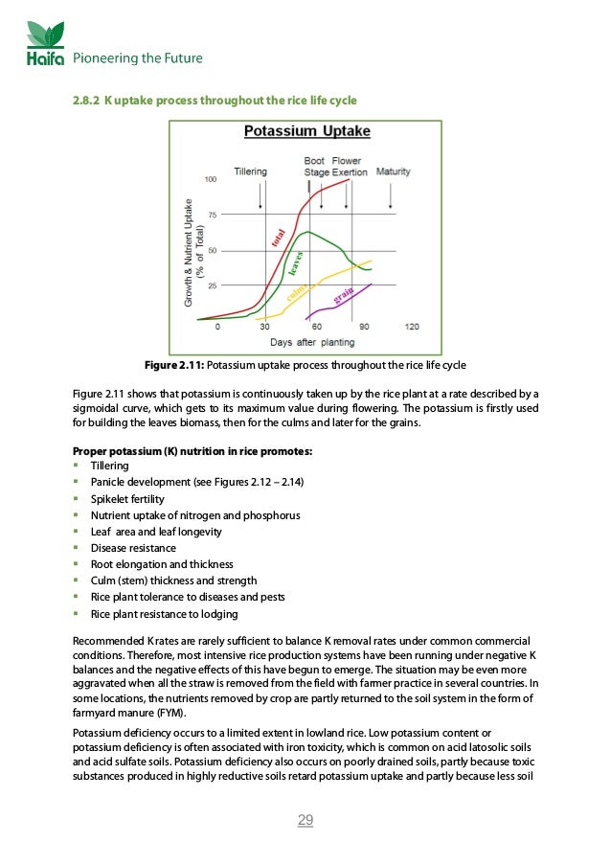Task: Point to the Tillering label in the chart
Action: tap(251, 171)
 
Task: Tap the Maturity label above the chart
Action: tap(394, 171)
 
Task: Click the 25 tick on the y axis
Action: tap(211, 285)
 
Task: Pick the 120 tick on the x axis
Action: tap(413, 328)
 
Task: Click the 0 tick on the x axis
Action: tap(217, 328)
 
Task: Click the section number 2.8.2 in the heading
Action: tap(87, 101)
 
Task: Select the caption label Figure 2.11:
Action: tap(172, 366)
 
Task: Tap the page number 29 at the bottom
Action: tap(305, 820)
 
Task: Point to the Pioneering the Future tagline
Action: tap(138, 58)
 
